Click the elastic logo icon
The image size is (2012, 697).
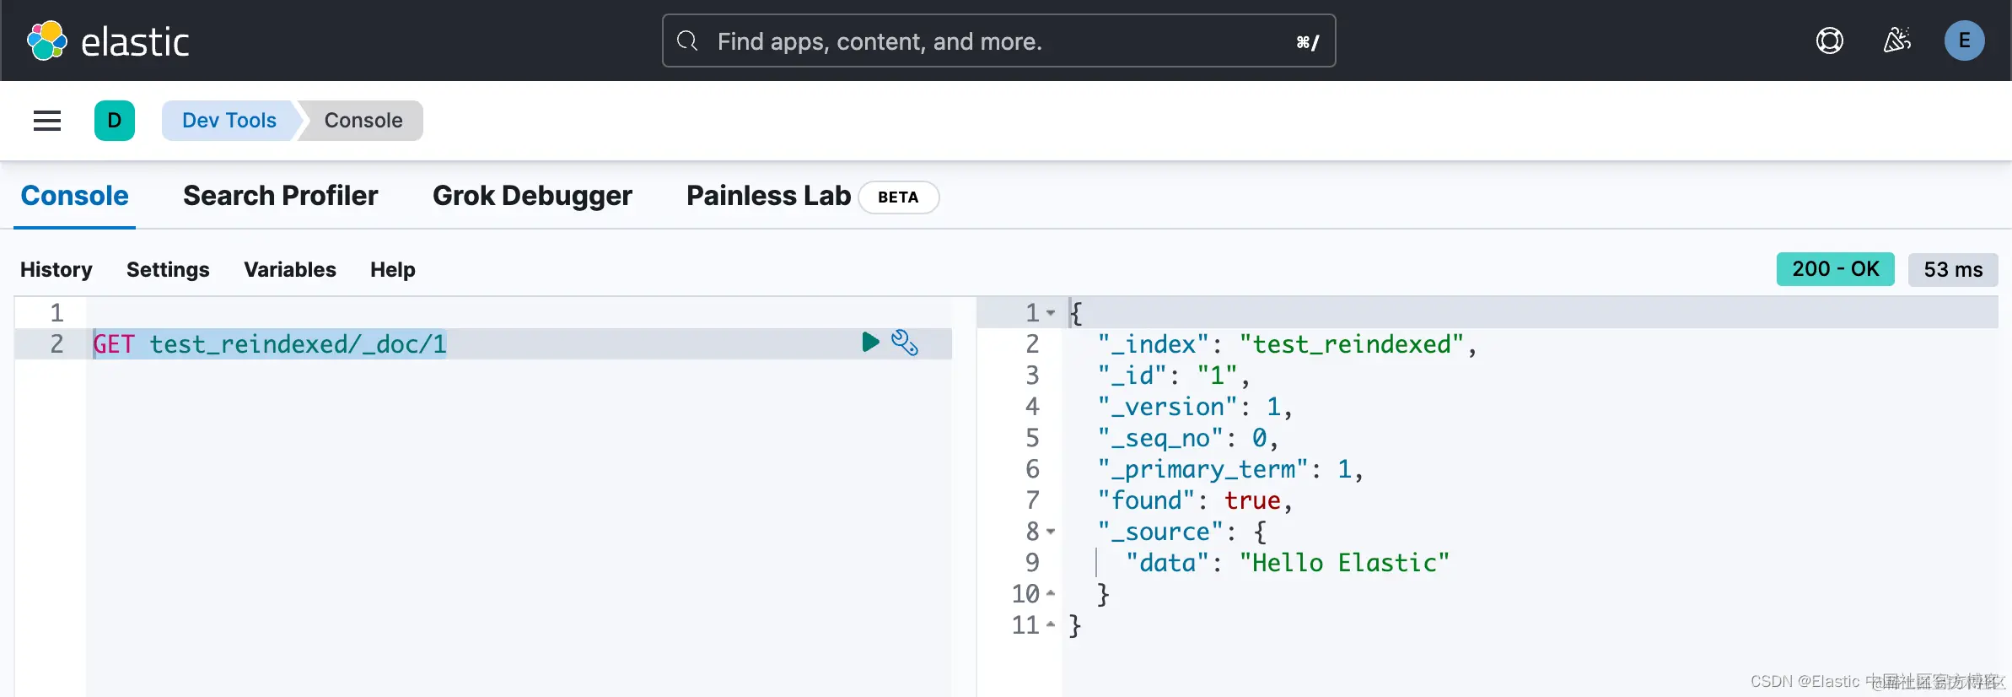46,41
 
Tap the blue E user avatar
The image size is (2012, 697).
1964,41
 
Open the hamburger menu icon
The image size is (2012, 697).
47,121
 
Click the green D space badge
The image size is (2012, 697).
115,121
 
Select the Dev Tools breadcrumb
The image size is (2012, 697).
229,121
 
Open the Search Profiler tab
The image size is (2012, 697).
280,196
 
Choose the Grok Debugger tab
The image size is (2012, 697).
532,196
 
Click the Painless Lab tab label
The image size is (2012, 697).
768,196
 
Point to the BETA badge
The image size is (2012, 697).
898,197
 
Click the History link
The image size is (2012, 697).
56,270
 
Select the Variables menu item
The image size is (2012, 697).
289,270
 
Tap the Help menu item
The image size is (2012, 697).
392,270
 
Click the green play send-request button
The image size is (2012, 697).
870,342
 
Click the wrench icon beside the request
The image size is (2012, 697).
905,343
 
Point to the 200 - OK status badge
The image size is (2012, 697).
1835,269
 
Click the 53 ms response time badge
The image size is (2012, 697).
1952,270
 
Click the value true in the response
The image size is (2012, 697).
1252,500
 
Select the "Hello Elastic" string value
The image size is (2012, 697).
1344,563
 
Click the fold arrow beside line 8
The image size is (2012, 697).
1051,532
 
